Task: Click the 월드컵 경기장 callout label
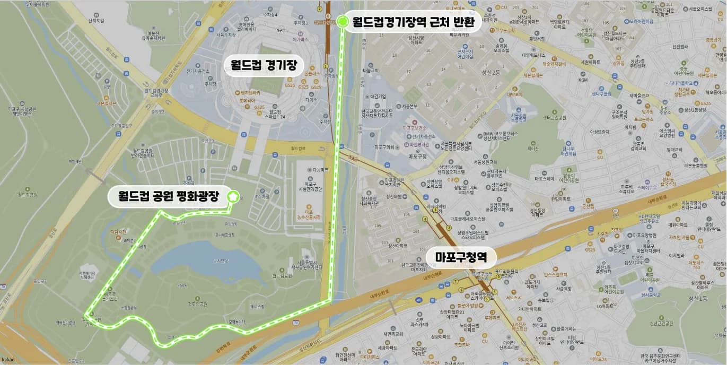point(263,65)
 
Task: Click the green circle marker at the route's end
point(343,21)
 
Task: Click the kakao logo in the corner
point(8,360)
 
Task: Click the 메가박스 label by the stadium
point(300,39)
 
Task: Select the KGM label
point(583,80)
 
